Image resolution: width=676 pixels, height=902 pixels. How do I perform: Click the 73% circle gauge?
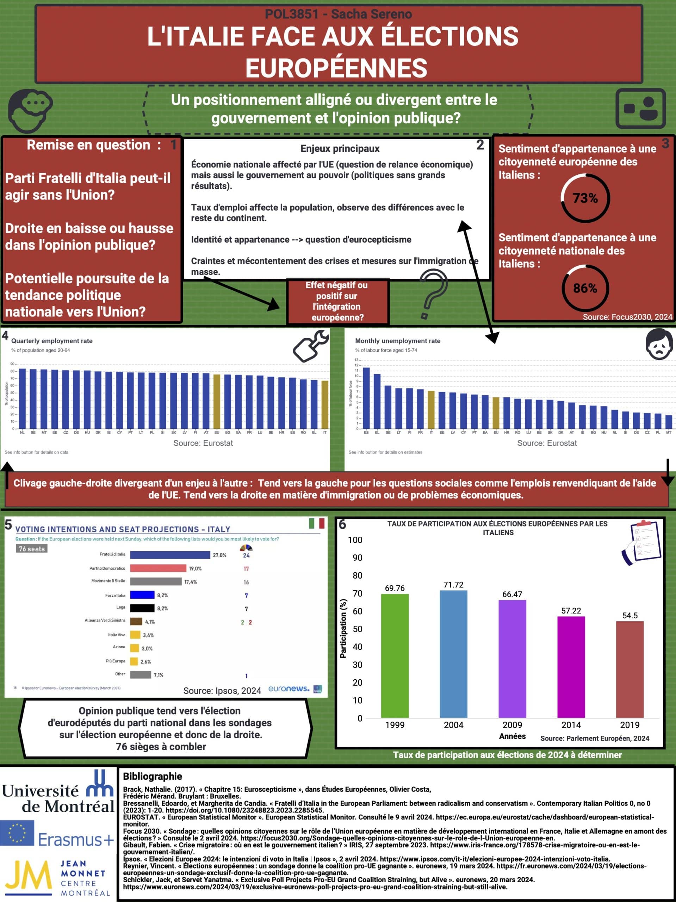(x=585, y=198)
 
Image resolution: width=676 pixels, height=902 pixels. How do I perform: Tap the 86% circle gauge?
(x=585, y=288)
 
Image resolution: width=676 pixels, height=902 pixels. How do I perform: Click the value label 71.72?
(x=453, y=585)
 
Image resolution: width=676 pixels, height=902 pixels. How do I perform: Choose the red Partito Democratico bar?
(x=158, y=568)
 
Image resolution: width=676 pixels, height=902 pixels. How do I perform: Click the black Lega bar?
(x=142, y=608)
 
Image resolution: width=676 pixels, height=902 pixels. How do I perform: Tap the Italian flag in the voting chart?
(x=316, y=523)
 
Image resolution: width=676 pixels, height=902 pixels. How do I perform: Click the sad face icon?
(x=659, y=345)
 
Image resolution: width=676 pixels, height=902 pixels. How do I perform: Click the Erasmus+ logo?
(x=57, y=834)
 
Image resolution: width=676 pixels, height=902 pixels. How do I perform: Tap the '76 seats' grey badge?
(x=32, y=549)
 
